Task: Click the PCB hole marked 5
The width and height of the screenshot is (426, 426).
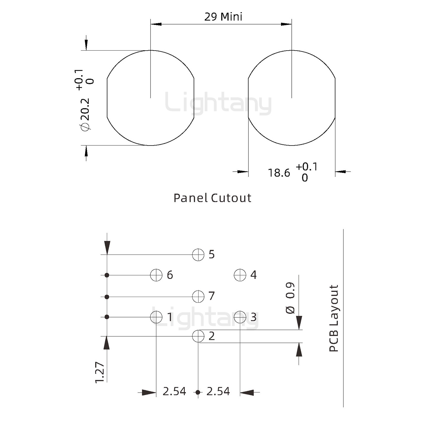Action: [x=198, y=254]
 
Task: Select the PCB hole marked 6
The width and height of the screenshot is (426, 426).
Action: [x=156, y=275]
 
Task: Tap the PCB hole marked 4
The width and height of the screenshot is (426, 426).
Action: [x=240, y=275]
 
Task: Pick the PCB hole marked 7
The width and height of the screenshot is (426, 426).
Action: [x=198, y=296]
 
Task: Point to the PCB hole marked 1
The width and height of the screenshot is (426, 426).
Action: [x=156, y=317]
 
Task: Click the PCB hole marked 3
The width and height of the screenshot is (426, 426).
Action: [x=240, y=317]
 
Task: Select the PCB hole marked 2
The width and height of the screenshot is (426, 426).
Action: [x=198, y=336]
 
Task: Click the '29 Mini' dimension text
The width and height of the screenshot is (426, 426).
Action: [x=223, y=17]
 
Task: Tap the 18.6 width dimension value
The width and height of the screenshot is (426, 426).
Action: [x=279, y=173]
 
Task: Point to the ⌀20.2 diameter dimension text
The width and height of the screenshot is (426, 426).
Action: [x=85, y=114]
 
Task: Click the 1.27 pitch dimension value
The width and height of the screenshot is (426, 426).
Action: [x=100, y=372]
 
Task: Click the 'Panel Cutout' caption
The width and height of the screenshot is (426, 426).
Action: [x=212, y=198]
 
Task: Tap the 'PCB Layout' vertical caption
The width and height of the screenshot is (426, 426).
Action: [x=334, y=318]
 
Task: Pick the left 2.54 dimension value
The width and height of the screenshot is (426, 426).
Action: [x=174, y=391]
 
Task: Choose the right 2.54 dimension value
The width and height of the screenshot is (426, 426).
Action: [x=218, y=391]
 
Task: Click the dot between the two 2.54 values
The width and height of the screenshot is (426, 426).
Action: [x=198, y=392]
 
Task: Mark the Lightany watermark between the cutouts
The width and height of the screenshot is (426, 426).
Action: [x=218, y=103]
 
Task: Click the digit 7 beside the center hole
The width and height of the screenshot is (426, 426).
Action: [x=212, y=296]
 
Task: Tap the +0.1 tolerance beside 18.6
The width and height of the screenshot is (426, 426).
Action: [x=306, y=167]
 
